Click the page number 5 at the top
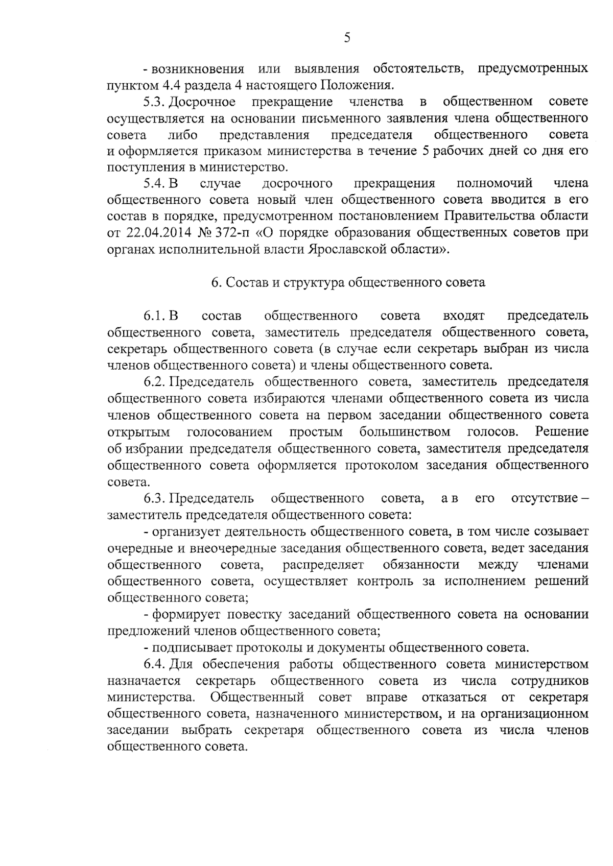click(347, 38)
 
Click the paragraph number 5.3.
click(153, 102)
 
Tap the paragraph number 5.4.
click(153, 183)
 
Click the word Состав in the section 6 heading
click(244, 282)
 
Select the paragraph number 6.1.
click(153, 316)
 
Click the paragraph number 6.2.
click(153, 382)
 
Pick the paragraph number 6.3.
click(153, 498)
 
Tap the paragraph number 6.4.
click(153, 664)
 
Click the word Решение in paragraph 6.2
click(561, 432)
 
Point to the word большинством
click(405, 432)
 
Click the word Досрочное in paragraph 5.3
click(202, 102)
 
